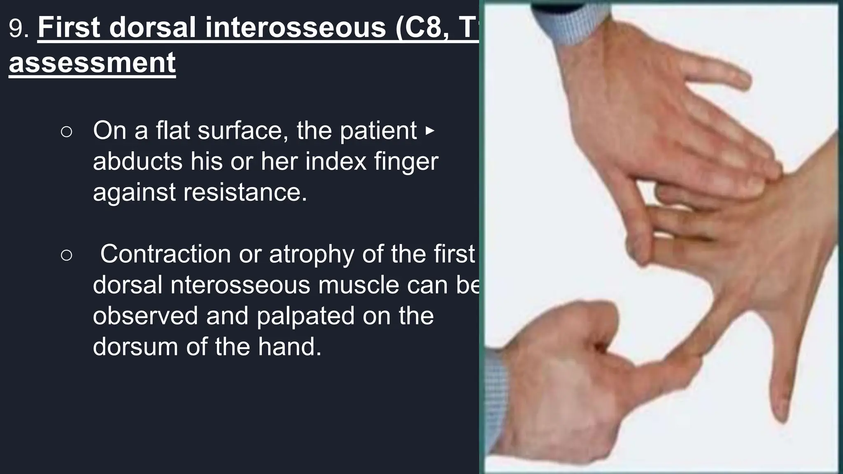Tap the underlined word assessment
click(x=92, y=63)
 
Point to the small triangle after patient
click(x=429, y=131)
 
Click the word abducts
click(x=137, y=161)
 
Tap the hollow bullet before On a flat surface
click(x=66, y=132)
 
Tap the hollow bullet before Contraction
click(x=66, y=255)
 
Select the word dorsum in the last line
click(x=135, y=346)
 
